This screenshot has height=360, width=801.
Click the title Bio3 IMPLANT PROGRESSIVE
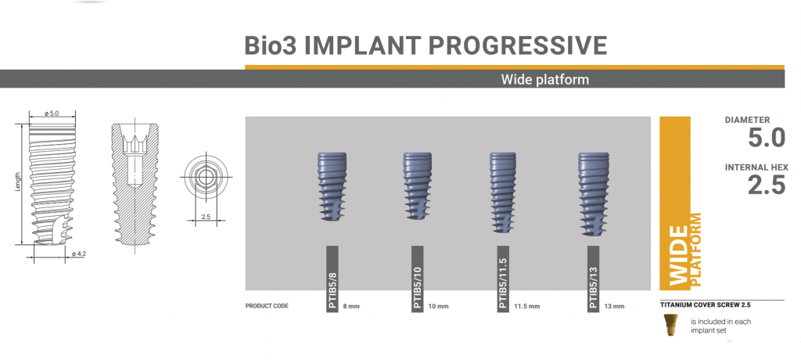tap(426, 45)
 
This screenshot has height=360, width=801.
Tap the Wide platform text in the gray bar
tap(544, 80)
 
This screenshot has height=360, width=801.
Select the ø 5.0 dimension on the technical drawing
tap(52, 113)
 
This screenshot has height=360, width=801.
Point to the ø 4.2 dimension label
tap(78, 254)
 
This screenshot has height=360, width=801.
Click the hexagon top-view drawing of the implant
tap(205, 177)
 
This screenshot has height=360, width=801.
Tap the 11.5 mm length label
tap(528, 306)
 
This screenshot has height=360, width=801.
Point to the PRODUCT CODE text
tap(267, 306)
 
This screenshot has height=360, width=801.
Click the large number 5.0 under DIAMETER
tap(766, 139)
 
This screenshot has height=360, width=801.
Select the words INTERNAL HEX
tap(756, 167)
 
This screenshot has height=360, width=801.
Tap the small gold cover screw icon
tap(669, 323)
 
